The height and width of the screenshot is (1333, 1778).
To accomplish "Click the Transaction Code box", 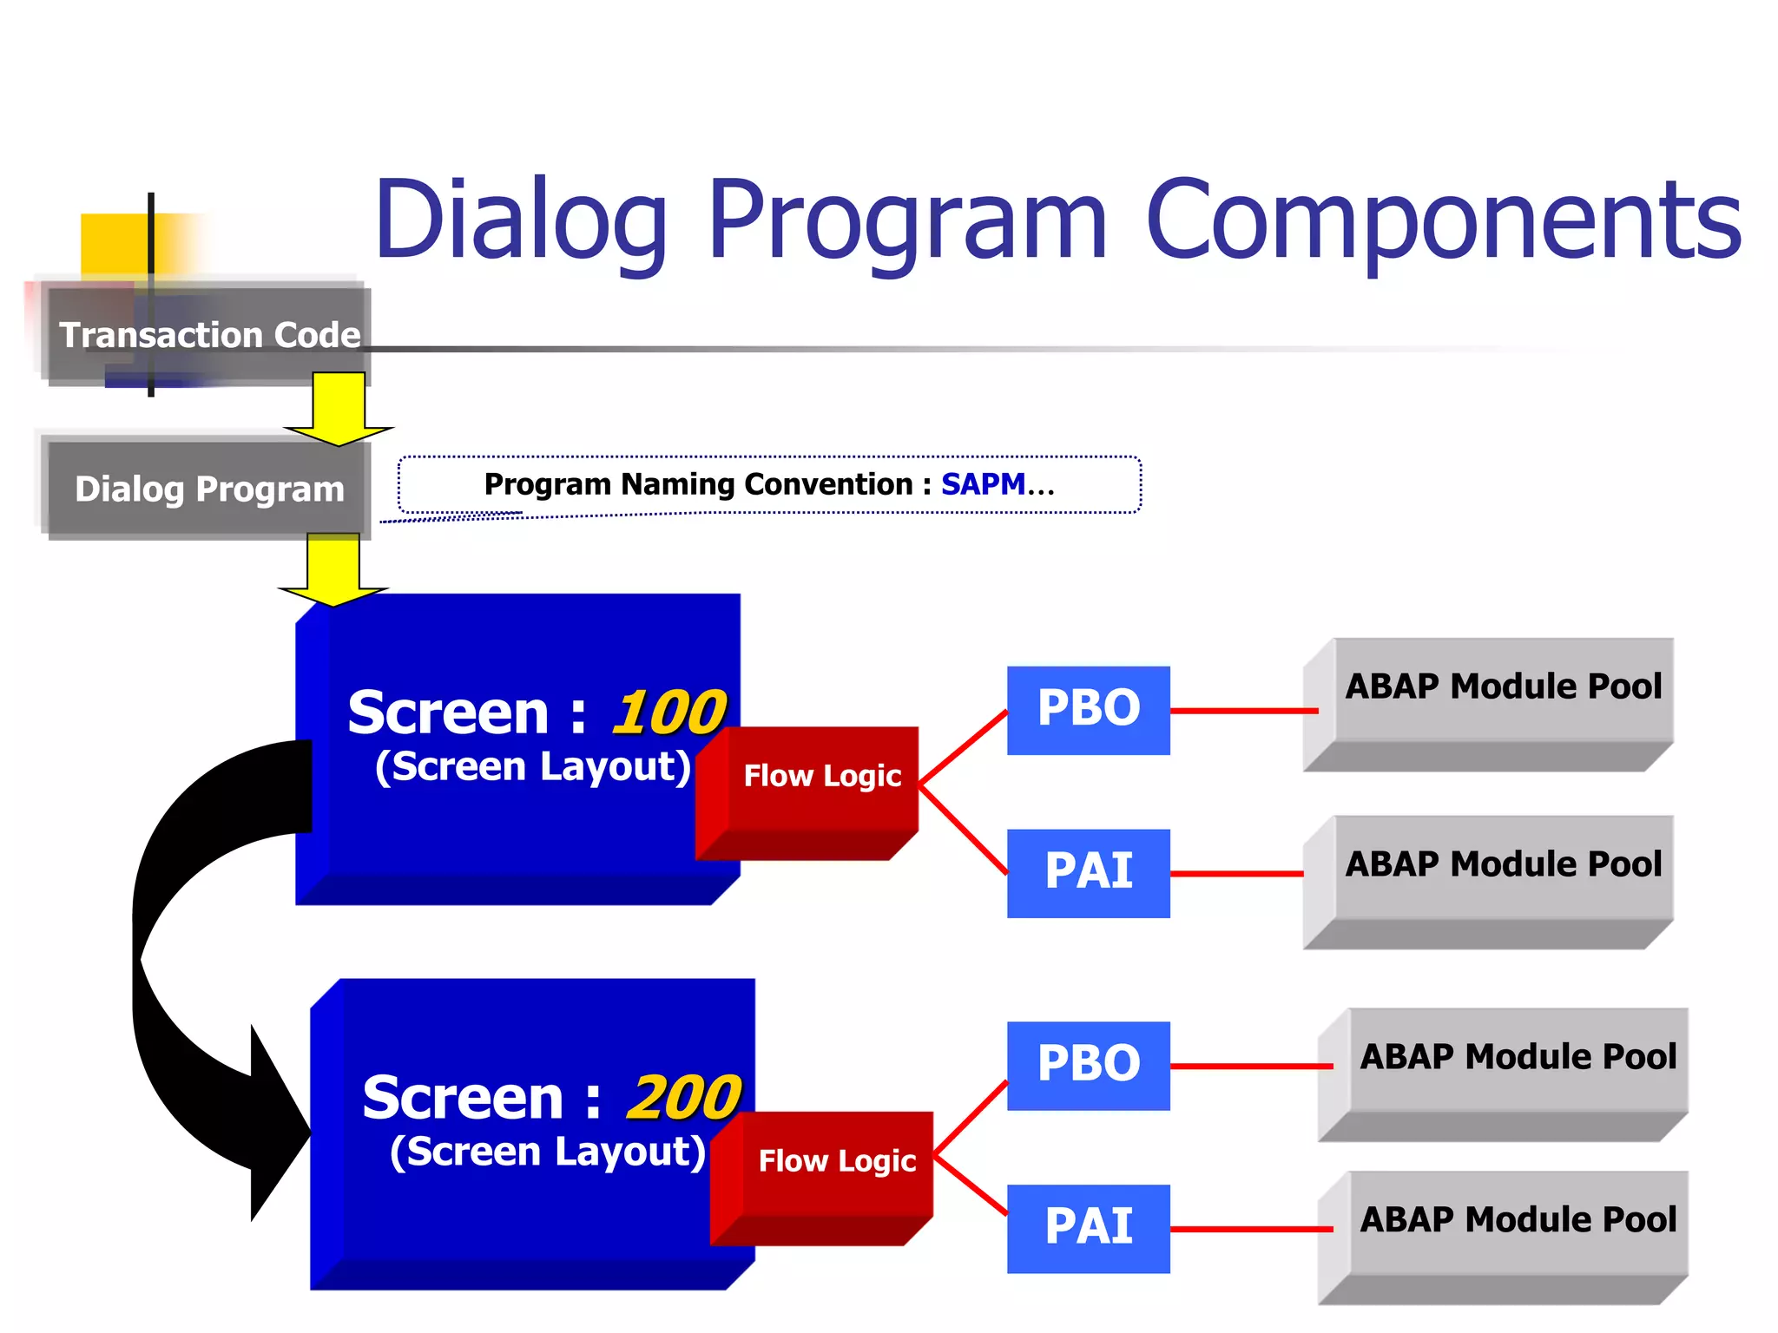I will click(x=208, y=335).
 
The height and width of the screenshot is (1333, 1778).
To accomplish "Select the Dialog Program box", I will click(x=208, y=489).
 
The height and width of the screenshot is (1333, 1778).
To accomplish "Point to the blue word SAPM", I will click(x=983, y=484).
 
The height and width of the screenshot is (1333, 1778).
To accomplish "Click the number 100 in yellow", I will click(x=668, y=712).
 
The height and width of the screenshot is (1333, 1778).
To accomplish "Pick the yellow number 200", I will click(x=683, y=1098).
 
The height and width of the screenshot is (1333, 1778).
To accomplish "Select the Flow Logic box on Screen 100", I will click(x=821, y=776).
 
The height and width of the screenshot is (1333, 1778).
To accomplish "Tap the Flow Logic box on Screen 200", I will click(x=836, y=1161).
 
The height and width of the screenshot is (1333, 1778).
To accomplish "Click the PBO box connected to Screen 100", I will click(x=1088, y=710).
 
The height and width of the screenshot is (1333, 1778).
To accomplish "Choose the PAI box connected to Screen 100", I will click(x=1088, y=872).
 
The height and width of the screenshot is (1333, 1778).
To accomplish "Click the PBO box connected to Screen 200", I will click(x=1088, y=1065).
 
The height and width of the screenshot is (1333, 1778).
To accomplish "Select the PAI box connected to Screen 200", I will click(x=1088, y=1228).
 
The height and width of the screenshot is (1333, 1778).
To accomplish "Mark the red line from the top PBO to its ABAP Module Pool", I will click(x=1243, y=711).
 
